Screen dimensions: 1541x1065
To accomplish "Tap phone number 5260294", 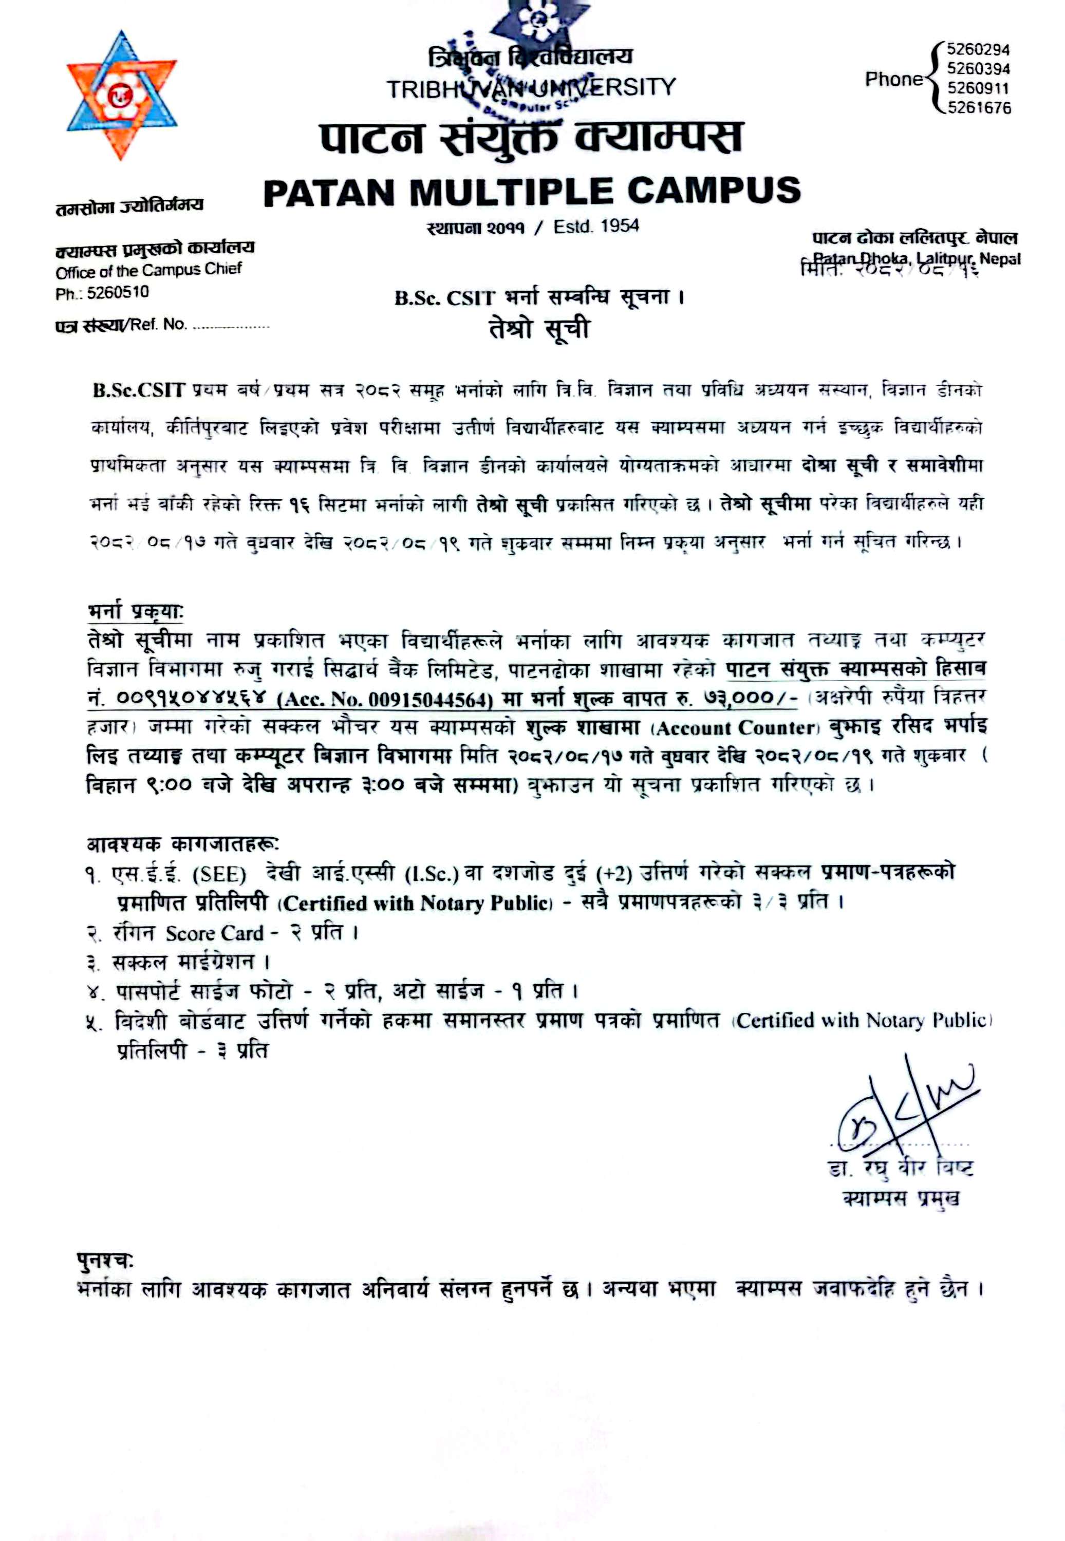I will pos(978,50).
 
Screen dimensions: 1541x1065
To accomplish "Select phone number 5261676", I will pos(978,108).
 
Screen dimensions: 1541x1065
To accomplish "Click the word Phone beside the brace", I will pos(893,80).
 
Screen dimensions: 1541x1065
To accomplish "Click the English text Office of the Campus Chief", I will pos(148,271).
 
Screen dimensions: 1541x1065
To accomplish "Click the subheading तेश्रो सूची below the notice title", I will pos(538,329).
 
